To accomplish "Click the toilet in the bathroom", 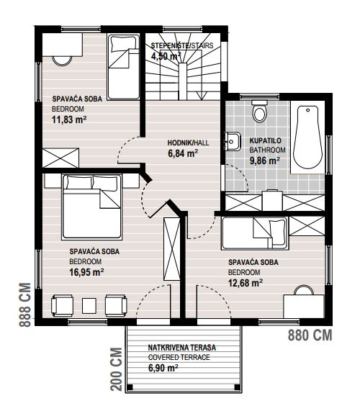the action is click(x=259, y=111).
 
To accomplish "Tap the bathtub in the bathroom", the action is click(x=307, y=137).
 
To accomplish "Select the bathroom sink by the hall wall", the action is click(x=233, y=141).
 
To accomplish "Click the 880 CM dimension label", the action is click(x=310, y=335).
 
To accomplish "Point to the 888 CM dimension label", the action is click(x=26, y=305).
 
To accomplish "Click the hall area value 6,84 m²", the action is click(x=183, y=153).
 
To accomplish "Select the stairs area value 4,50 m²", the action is click(x=166, y=56).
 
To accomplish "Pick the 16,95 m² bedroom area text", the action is click(x=87, y=272).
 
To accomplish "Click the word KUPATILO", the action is click(x=266, y=140).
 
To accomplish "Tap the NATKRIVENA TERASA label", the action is click(x=182, y=347).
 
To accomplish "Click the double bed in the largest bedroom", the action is click(x=91, y=207).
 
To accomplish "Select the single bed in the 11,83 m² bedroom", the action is click(x=124, y=67).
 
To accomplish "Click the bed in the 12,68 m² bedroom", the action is click(x=255, y=233).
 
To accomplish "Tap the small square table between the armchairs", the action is click(x=89, y=305).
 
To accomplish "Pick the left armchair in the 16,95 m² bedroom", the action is click(x=62, y=305).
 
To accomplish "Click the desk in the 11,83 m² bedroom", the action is click(x=63, y=45).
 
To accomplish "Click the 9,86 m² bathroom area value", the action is click(x=264, y=161).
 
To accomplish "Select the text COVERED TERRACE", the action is click(x=179, y=357).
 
